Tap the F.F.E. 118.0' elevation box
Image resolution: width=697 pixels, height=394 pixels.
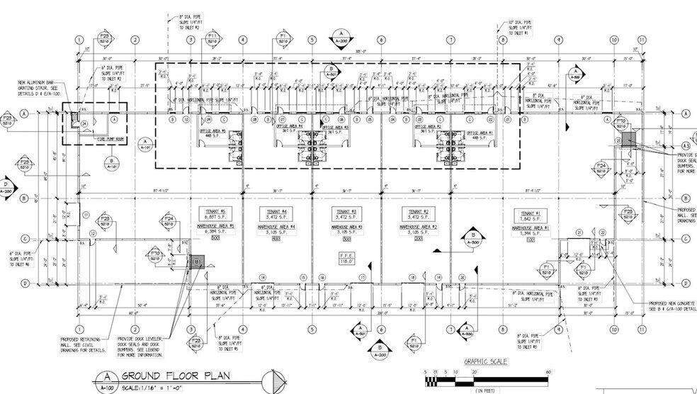tap(347, 257)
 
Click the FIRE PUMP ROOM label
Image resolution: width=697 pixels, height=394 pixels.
tap(110, 140)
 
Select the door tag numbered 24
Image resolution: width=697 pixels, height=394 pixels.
tap(84, 123)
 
